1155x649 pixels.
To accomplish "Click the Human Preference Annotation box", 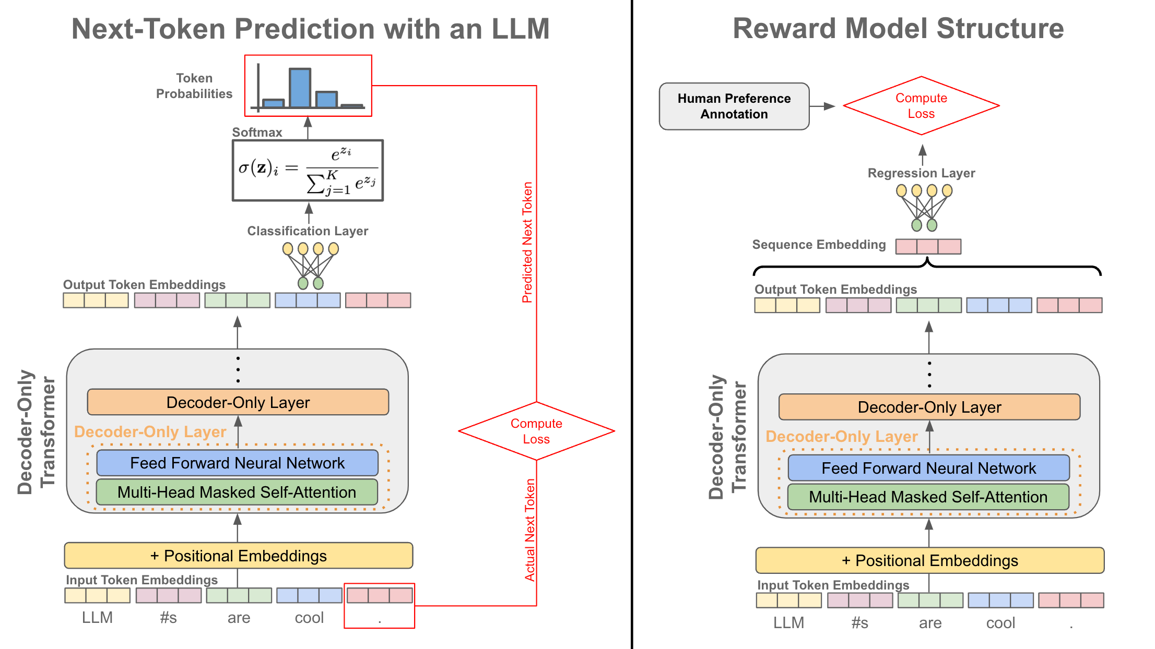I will click(734, 106).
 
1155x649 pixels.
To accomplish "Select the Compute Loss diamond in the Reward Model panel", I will click(921, 106).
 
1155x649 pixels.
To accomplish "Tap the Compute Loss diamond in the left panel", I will click(536, 431).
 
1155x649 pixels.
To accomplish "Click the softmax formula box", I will click(308, 170).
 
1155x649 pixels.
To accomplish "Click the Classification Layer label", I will click(308, 231).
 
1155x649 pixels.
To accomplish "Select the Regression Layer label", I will click(921, 173).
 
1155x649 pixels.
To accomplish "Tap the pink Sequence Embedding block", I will click(928, 246).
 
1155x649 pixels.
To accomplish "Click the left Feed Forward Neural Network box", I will click(237, 463).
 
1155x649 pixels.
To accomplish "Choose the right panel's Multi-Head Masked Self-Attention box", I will click(928, 497).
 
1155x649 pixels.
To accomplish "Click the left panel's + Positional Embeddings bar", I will click(238, 556).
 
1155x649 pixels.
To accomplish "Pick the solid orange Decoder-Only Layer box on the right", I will click(929, 407).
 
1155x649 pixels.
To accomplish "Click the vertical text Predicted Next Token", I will click(528, 243).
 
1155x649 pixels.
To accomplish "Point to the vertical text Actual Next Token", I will click(530, 530).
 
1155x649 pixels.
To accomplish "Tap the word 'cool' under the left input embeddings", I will click(309, 618).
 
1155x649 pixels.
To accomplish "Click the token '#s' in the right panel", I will click(859, 623).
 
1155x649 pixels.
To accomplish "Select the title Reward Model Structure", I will click(898, 28).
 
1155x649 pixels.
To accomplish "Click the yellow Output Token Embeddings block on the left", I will click(96, 301).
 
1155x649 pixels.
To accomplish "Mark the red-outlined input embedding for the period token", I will click(380, 596).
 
